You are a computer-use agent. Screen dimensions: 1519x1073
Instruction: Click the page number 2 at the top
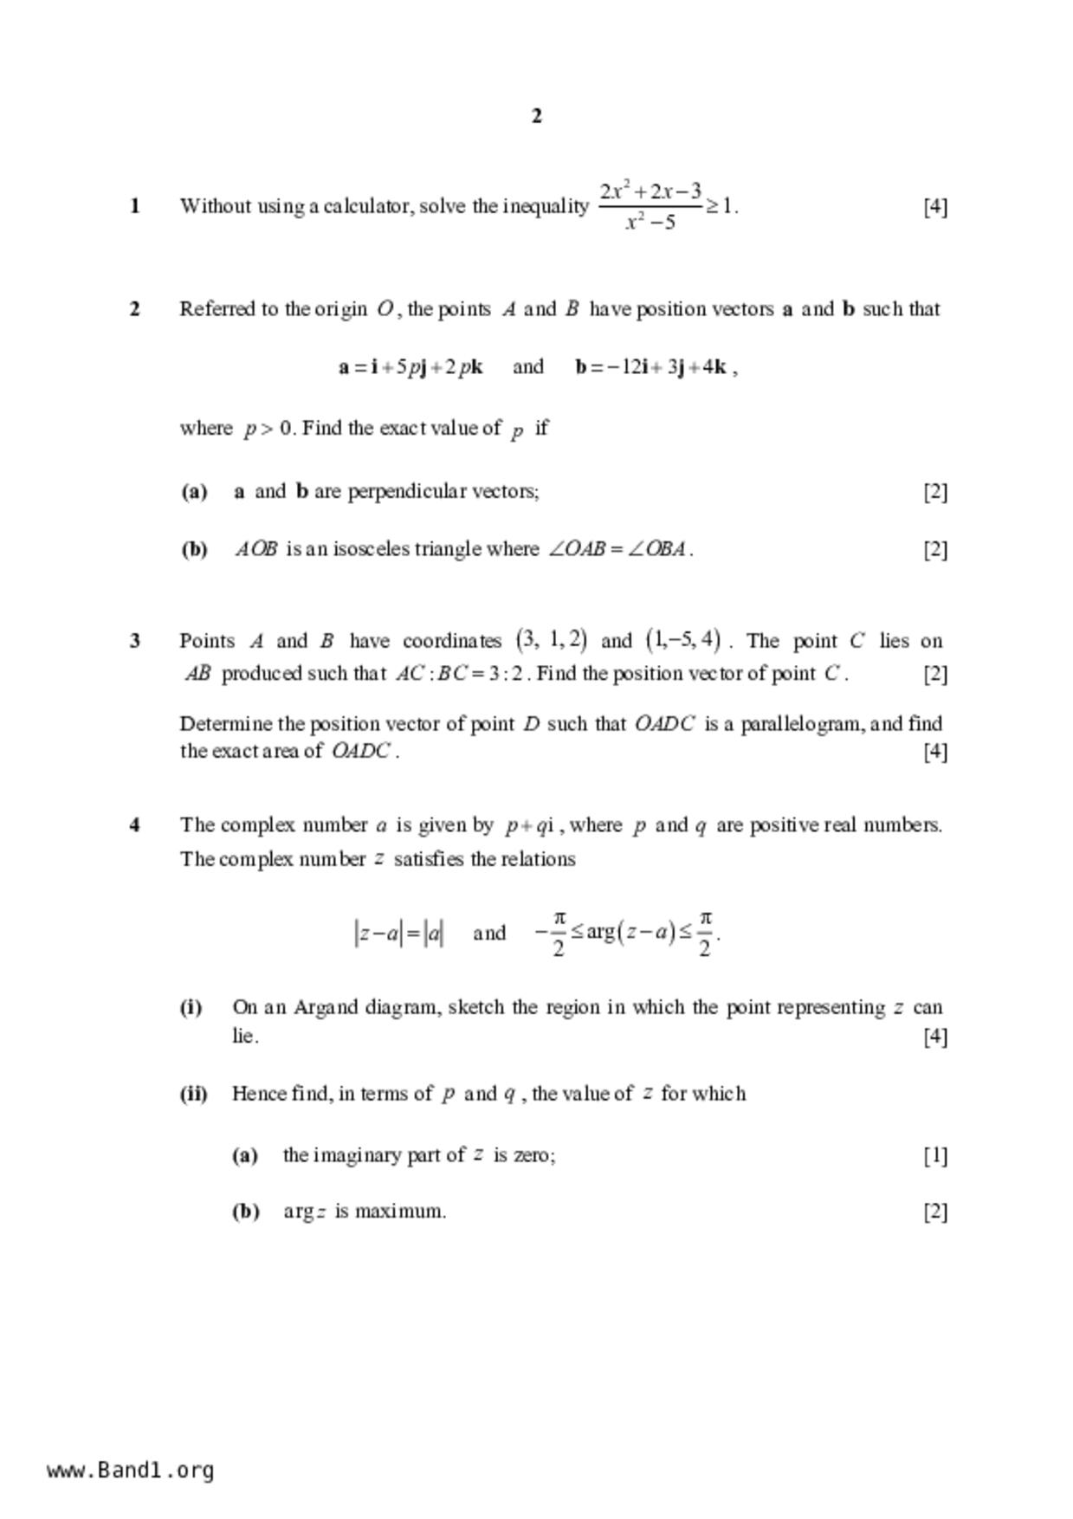536,116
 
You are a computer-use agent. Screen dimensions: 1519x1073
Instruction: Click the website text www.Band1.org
130,1470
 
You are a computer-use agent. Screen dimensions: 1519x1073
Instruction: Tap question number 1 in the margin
135,206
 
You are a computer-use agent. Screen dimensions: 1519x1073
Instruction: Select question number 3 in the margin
135,642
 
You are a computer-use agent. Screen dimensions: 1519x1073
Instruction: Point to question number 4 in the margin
135,825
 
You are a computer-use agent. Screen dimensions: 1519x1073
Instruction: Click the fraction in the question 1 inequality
650,206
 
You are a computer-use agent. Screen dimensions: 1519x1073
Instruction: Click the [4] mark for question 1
935,207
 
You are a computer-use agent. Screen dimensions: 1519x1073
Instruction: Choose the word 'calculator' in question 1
367,207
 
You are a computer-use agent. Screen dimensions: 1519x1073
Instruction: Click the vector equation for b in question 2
656,367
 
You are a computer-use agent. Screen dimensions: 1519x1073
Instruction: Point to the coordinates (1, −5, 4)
683,641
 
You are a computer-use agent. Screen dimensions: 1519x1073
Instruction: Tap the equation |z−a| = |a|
399,934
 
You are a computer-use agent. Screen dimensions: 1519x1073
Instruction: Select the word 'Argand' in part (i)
326,1007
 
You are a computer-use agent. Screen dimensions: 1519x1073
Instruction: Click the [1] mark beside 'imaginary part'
935,1155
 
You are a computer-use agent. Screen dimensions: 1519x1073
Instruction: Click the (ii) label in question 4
194,1094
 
